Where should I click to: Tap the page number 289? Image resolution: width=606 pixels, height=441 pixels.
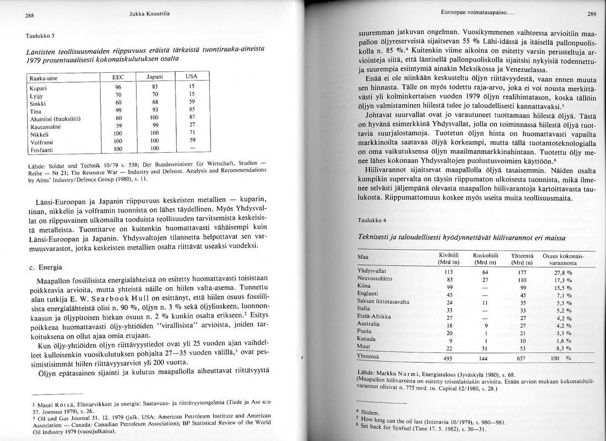[592, 14]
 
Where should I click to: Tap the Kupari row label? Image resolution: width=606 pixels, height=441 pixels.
[37, 87]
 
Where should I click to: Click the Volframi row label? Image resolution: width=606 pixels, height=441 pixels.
[40, 141]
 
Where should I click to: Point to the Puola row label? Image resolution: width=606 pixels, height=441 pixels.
[365, 332]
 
